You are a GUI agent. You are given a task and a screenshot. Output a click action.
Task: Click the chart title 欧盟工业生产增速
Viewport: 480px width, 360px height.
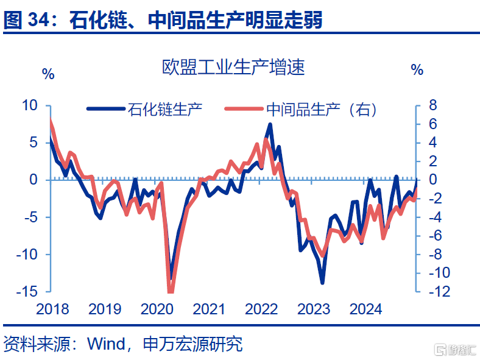[233, 68]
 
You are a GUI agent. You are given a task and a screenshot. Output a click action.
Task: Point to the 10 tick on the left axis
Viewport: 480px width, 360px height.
[30, 105]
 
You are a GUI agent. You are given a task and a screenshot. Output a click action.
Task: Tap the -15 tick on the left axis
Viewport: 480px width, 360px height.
[27, 291]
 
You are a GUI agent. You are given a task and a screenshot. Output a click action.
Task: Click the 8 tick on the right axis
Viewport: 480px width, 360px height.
[433, 105]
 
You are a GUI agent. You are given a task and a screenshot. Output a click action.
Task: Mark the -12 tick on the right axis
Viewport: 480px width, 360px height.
[440, 291]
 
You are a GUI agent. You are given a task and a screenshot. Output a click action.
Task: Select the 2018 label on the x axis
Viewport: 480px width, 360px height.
[52, 309]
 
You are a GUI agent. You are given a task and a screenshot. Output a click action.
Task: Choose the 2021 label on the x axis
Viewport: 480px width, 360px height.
[209, 309]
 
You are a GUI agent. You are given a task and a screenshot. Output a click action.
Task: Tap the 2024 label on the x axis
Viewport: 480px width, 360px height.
[366, 309]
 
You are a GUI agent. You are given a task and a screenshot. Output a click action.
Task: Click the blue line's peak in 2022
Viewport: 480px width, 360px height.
[270, 124]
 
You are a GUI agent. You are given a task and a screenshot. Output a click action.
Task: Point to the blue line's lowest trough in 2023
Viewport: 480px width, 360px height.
[322, 283]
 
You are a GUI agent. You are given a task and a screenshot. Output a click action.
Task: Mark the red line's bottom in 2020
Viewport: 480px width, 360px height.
[171, 291]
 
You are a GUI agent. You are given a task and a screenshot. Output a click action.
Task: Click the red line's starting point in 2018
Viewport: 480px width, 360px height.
[50, 119]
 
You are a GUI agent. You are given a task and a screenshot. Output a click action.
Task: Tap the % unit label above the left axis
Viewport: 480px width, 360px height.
[48, 74]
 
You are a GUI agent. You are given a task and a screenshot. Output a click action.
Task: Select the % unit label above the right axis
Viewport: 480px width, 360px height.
[417, 70]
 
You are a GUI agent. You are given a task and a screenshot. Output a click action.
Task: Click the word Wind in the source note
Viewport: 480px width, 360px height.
[106, 344]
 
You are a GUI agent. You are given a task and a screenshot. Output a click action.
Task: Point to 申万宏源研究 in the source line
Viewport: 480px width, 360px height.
[193, 344]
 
